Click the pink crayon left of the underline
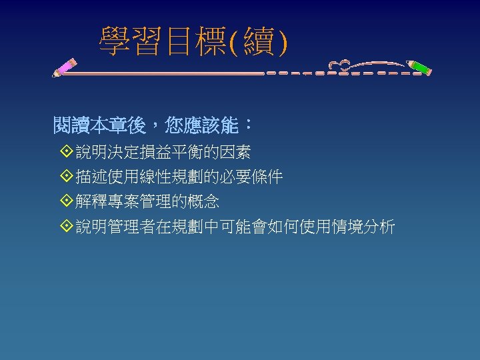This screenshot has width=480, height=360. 65,67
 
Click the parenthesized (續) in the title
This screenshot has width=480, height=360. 258,42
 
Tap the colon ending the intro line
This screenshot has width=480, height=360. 248,125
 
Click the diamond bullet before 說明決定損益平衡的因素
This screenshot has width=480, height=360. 65,153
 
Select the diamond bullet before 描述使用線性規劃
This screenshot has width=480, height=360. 65,177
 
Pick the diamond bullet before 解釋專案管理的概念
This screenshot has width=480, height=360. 65,201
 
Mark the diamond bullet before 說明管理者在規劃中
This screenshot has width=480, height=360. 65,227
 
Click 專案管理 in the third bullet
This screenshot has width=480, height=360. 139,201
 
